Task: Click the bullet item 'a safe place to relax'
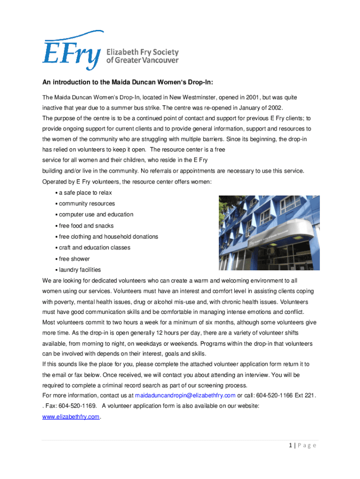(x=85, y=192)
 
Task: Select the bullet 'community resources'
(x=86, y=203)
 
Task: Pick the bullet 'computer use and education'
(x=96, y=214)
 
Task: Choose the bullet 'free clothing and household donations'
(x=108, y=237)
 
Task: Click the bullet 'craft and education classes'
(x=94, y=247)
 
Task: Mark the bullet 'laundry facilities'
(x=79, y=270)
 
